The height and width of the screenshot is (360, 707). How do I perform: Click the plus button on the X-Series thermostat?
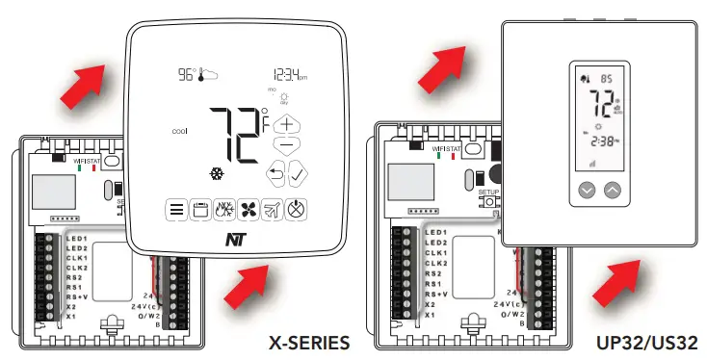(x=286, y=124)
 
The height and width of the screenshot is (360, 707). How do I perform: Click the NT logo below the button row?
(x=234, y=242)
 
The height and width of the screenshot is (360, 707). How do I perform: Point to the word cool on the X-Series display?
(x=179, y=131)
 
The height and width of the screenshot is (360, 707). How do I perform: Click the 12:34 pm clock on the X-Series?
(x=288, y=75)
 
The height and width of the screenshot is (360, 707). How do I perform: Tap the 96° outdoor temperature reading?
(x=184, y=74)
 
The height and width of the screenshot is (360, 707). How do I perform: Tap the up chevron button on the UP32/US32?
(x=613, y=191)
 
